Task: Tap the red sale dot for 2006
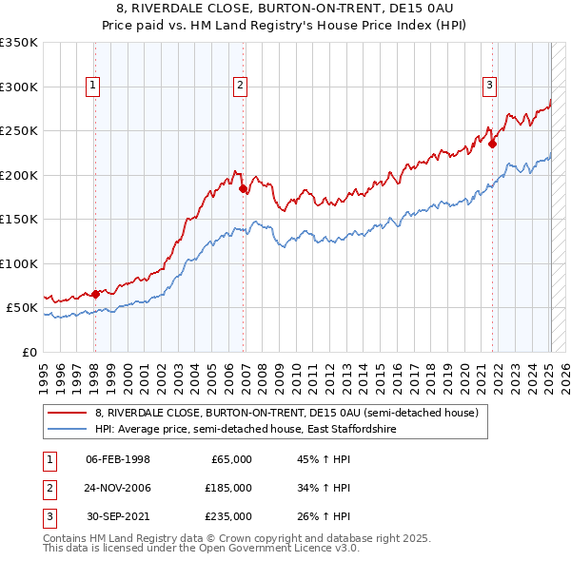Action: pos(244,189)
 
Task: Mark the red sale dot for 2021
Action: pos(493,145)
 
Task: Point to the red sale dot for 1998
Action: pos(95,295)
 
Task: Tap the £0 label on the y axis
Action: pos(29,352)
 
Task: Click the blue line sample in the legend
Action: pos(69,430)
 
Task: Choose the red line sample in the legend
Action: pos(69,413)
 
